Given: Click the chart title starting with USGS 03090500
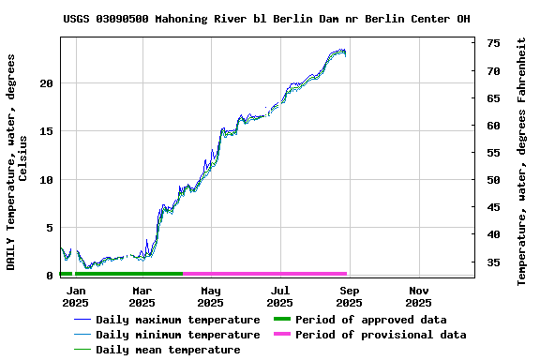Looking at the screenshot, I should (x=267, y=19).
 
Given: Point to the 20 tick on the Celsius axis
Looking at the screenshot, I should (x=46, y=83).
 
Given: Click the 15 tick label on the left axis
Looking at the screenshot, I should (x=46, y=131).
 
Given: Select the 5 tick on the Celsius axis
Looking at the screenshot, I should (x=50, y=228).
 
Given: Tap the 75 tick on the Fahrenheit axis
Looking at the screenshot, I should (x=493, y=43).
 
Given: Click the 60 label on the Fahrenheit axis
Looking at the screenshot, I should (x=493, y=126).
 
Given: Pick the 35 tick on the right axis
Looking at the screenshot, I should (x=493, y=262).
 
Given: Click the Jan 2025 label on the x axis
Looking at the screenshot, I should (x=75, y=296).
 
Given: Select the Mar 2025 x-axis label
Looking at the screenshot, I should (x=142, y=296).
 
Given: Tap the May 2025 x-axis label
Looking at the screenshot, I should (x=211, y=296).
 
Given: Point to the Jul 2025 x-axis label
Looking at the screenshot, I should (x=279, y=296).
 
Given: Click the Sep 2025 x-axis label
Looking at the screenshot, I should (x=349, y=296).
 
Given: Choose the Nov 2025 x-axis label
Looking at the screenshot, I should (x=418, y=296).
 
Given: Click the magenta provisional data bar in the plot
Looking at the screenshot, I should (x=265, y=274).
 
